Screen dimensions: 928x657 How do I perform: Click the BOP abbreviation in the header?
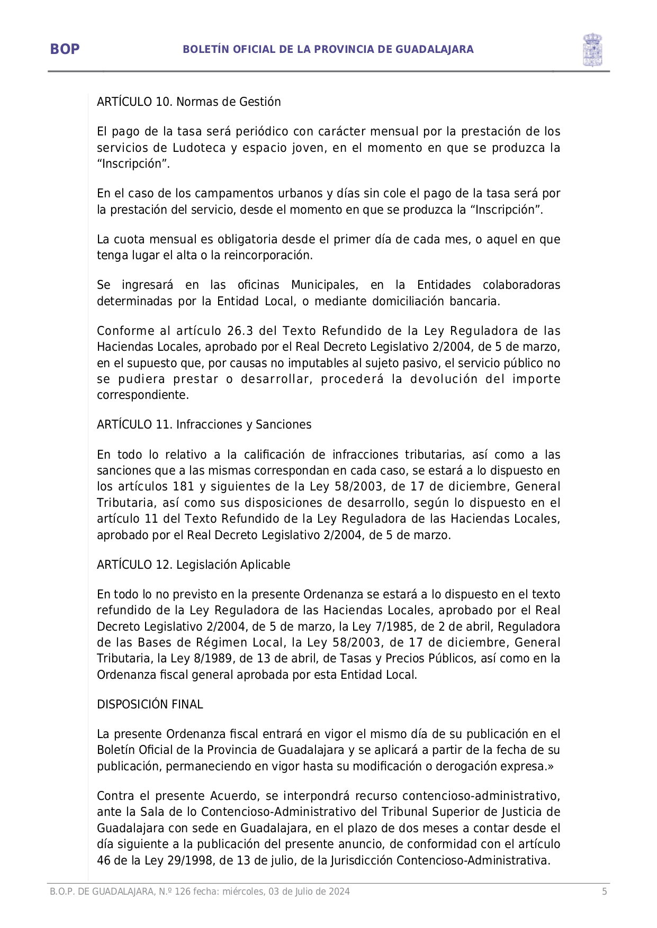click(x=65, y=49)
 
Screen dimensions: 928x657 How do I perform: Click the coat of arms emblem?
click(x=592, y=50)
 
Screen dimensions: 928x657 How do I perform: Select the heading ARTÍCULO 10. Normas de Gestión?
click(x=188, y=102)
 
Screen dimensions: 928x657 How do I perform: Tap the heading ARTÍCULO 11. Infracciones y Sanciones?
click(x=204, y=424)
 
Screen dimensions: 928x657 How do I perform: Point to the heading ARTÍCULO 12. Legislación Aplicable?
click(x=193, y=565)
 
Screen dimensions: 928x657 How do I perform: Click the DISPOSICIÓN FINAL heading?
click(x=150, y=704)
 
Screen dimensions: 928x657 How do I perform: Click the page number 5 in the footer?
click(x=604, y=891)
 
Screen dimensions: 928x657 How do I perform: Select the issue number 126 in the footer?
click(x=182, y=891)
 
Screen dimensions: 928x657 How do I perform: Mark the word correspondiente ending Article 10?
click(x=142, y=395)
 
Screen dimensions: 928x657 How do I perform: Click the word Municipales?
click(x=324, y=285)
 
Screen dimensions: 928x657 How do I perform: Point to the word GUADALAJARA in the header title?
click(x=434, y=49)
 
